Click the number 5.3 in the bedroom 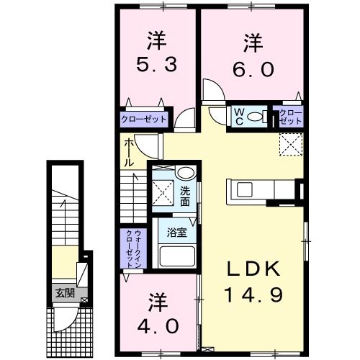click(x=157, y=65)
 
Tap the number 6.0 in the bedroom click(x=253, y=69)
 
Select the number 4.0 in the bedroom click(x=158, y=326)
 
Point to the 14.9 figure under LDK click(x=253, y=294)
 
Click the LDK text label click(x=253, y=269)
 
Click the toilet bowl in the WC click(x=255, y=117)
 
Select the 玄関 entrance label click(x=65, y=293)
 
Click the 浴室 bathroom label click(x=177, y=233)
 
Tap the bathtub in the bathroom click(x=177, y=256)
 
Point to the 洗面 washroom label click(x=185, y=197)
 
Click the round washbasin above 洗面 click(x=185, y=173)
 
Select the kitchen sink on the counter click(x=245, y=189)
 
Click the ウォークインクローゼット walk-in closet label click(x=134, y=248)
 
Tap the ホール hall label click(x=129, y=153)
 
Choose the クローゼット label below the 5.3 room click(x=143, y=120)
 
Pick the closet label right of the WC click(x=291, y=117)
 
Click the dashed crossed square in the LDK click(x=291, y=144)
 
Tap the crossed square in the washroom click(x=163, y=192)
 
